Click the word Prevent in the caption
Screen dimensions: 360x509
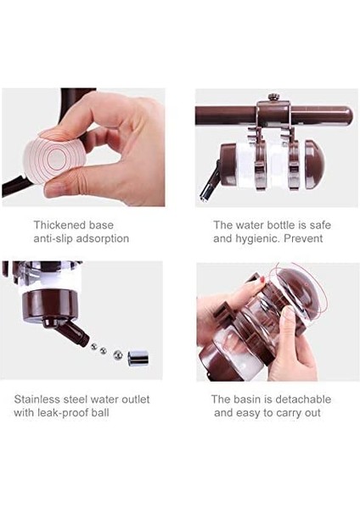303,238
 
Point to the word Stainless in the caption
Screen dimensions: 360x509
37,399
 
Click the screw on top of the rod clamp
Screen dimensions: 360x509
272,98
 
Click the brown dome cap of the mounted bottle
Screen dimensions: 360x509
314,165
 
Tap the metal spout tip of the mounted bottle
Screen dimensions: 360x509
205,197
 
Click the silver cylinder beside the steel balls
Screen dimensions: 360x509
138,358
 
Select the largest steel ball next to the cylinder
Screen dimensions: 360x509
118,355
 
